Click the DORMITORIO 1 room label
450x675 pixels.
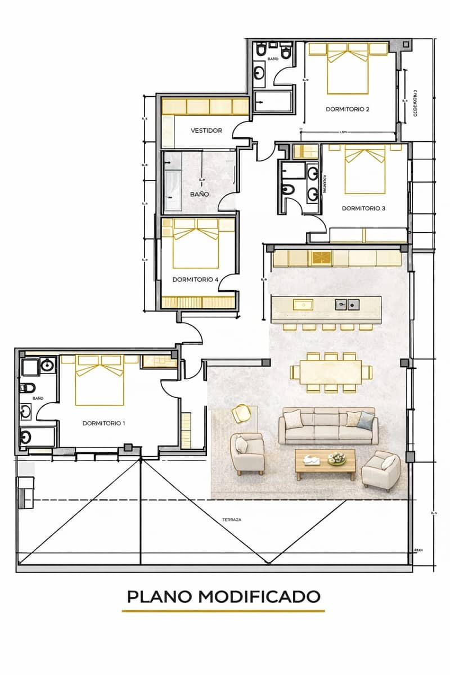103,423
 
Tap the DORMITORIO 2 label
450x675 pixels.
348,109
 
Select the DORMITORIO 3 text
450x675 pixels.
363,208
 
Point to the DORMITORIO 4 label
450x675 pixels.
195,279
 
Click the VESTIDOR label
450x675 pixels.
206,130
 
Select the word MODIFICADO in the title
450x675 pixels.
260,596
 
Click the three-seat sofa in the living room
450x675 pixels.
328,426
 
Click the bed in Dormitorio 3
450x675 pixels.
364,168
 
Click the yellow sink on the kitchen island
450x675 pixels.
304,304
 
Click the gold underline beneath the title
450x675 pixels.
223,610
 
